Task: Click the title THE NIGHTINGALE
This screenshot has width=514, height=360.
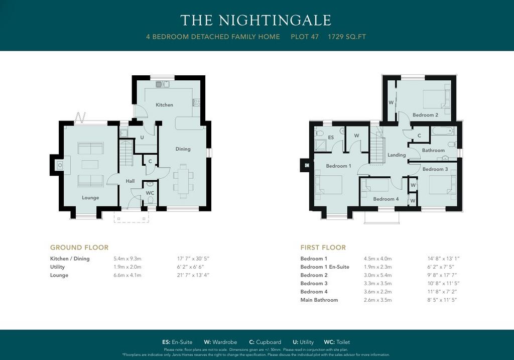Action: click(255, 20)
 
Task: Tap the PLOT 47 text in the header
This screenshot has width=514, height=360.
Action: click(305, 37)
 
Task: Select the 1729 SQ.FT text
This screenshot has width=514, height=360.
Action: click(347, 37)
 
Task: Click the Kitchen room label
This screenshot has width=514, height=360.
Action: click(164, 105)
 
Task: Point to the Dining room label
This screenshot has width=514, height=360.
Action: click(183, 149)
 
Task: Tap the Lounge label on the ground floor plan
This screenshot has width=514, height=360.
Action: click(90, 198)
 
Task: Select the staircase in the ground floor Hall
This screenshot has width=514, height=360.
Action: click(126, 153)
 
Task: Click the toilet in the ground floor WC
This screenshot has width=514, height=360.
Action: click(151, 200)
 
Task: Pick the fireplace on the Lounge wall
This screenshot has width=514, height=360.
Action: click(60, 165)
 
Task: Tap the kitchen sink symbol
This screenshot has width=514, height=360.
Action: click(162, 84)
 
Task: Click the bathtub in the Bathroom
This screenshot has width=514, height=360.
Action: click(443, 131)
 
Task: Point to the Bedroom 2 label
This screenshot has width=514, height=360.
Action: click(425, 115)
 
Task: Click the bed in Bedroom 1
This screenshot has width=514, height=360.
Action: click(328, 185)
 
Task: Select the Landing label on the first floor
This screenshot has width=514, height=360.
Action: click(397, 155)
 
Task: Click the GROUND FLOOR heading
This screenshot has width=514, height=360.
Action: click(79, 248)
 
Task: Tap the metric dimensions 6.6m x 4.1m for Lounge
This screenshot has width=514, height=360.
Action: click(127, 276)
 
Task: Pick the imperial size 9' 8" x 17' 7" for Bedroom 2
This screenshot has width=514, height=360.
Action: click(442, 276)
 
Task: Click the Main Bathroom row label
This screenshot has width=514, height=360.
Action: click(319, 300)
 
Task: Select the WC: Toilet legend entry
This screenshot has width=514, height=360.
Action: click(337, 342)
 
